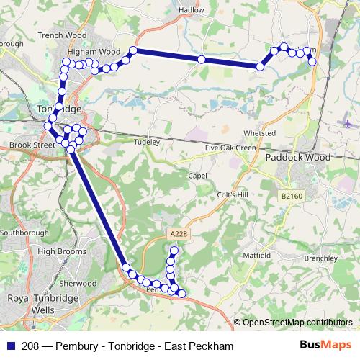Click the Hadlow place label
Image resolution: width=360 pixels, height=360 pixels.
point(191,10)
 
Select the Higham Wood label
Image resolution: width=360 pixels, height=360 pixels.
point(94,52)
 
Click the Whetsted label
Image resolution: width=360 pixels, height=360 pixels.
point(260,134)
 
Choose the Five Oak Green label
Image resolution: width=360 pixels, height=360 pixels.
point(230,148)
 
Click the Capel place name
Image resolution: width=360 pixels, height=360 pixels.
point(197,176)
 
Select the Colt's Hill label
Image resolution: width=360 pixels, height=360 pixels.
point(232,195)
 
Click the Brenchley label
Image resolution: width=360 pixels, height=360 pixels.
point(321,258)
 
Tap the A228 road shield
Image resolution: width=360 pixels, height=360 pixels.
point(179,233)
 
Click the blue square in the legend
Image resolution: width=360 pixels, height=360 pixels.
point(9,346)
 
